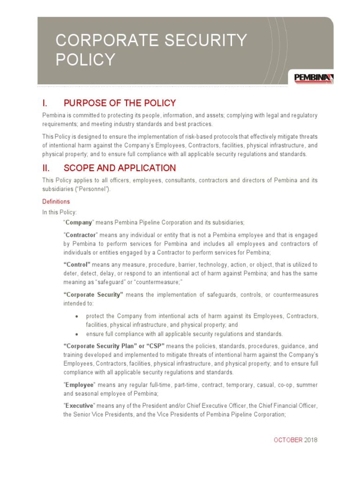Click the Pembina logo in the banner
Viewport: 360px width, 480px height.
coord(314,78)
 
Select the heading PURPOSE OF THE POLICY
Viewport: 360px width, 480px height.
coord(120,103)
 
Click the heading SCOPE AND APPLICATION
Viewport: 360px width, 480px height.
coord(120,168)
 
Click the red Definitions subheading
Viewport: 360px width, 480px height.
coord(56,202)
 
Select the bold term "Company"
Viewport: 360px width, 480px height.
coord(78,222)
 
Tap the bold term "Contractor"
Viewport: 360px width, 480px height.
coord(80,234)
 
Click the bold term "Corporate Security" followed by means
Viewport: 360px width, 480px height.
coord(93,295)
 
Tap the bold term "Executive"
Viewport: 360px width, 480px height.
coord(80,405)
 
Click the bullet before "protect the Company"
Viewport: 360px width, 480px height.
coord(77,316)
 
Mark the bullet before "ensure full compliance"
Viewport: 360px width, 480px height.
coord(77,334)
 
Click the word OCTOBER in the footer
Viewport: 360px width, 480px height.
coord(288,440)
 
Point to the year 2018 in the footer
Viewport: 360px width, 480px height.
coord(311,440)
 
